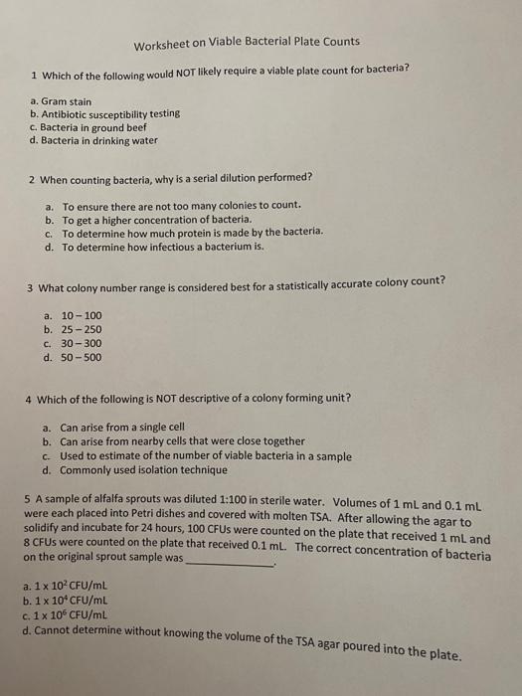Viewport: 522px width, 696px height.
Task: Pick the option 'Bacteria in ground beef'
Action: pyautogui.click(x=90, y=127)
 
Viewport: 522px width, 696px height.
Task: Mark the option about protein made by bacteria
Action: pyautogui.click(x=178, y=232)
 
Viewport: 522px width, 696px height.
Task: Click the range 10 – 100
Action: pyautogui.click(x=81, y=315)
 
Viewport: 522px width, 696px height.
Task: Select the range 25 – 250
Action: pyautogui.click(x=81, y=329)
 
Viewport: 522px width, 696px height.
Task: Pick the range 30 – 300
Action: pyautogui.click(x=81, y=343)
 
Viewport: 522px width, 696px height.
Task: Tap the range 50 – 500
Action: pyautogui.click(x=81, y=357)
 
